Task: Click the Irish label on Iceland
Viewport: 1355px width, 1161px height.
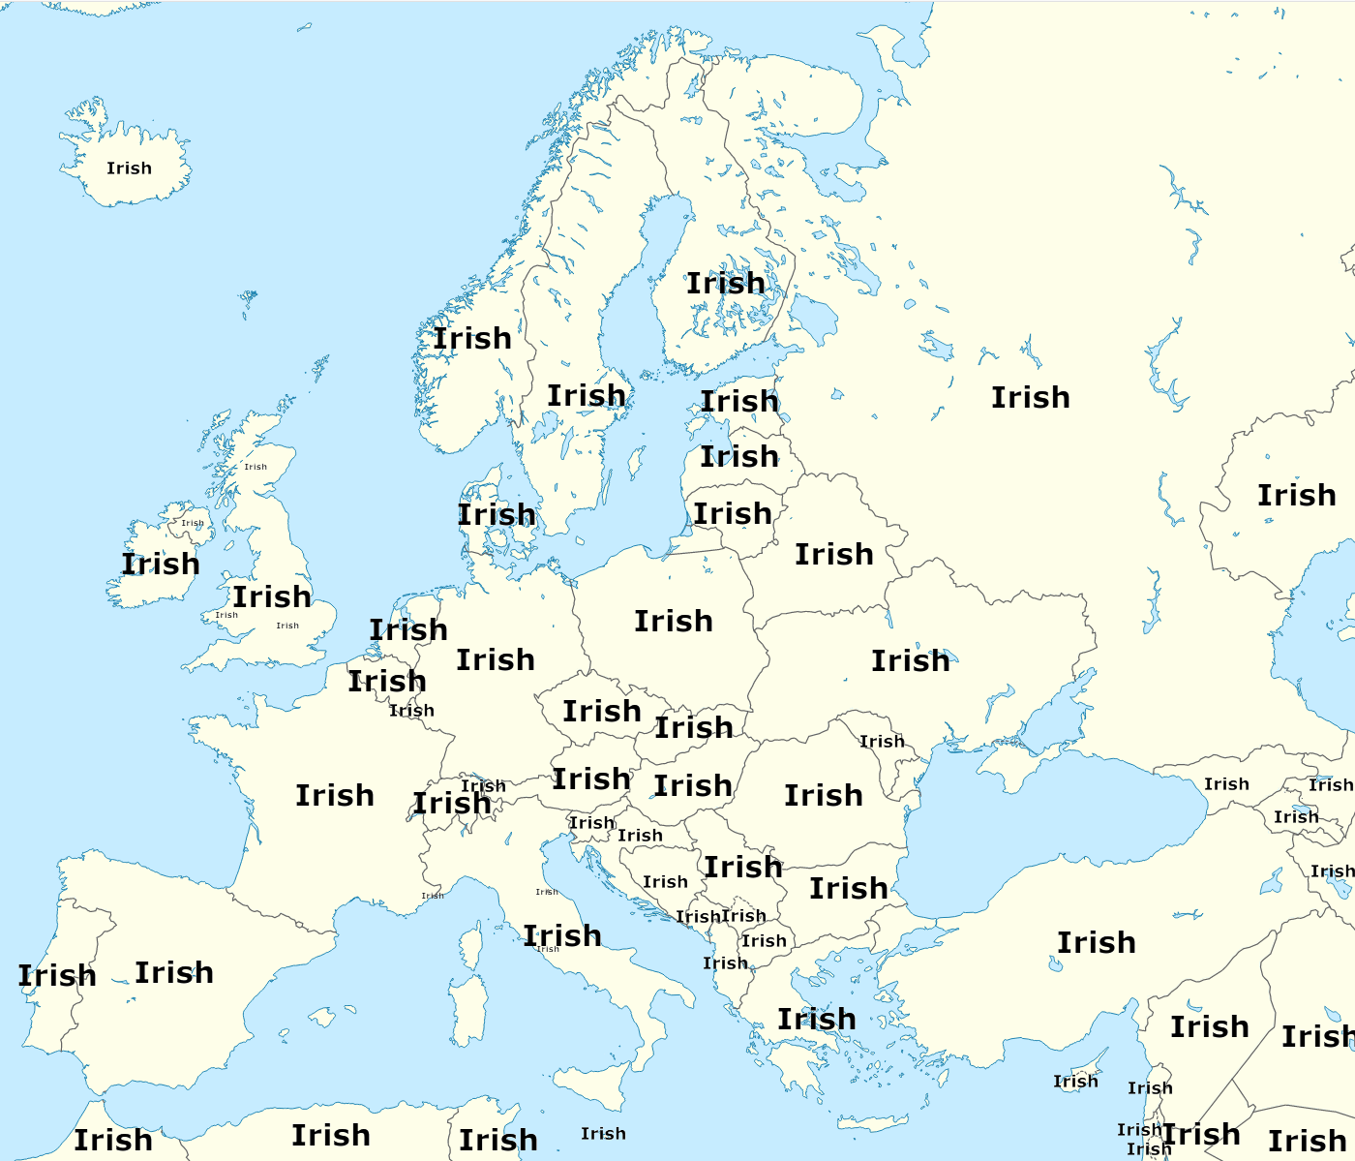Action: point(129,168)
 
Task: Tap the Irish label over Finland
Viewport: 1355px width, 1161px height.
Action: point(725,284)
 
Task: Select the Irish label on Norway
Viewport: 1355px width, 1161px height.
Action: point(471,339)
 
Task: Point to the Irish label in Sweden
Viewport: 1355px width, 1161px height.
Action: point(586,396)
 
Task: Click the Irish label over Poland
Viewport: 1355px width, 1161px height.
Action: point(673,622)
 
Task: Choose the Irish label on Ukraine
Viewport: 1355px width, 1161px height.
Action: point(910,661)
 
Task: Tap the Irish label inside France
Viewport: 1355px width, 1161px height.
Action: point(334,796)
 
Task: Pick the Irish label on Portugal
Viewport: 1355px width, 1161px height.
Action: point(56,976)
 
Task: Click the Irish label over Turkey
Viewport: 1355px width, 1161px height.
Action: point(1096,943)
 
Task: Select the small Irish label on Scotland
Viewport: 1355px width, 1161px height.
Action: point(256,467)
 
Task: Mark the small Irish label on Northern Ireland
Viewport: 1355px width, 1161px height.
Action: point(193,523)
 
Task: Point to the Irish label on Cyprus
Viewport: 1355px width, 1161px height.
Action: point(1075,1082)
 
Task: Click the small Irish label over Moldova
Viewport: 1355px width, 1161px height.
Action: point(882,742)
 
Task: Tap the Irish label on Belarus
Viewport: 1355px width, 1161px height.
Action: point(833,555)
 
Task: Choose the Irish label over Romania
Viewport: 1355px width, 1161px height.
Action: point(823,796)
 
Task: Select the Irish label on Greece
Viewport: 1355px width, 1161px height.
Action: point(816,1020)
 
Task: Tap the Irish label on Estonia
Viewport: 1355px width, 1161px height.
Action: point(739,402)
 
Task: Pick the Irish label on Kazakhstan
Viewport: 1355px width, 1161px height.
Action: point(1296,496)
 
